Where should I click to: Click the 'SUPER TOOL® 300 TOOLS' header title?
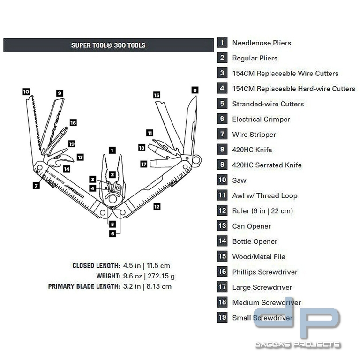(x=108, y=45)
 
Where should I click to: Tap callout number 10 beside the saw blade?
(x=26, y=91)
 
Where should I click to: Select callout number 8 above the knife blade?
(x=195, y=90)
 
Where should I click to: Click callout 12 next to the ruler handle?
(x=157, y=206)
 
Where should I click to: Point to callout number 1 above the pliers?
(x=112, y=150)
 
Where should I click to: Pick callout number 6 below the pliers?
(x=112, y=233)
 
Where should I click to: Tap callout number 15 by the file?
(x=157, y=95)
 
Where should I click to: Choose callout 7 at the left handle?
(x=36, y=186)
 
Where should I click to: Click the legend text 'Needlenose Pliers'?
(x=262, y=43)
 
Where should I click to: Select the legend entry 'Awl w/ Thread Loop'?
(x=265, y=196)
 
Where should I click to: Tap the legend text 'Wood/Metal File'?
(x=259, y=257)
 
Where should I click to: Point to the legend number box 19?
(x=222, y=318)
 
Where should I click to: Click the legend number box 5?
(x=222, y=104)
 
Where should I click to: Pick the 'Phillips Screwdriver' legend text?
(x=265, y=272)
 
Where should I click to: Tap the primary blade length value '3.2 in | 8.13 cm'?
(x=147, y=286)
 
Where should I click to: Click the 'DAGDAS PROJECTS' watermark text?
(x=298, y=345)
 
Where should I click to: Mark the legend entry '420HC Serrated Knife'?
(x=267, y=165)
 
